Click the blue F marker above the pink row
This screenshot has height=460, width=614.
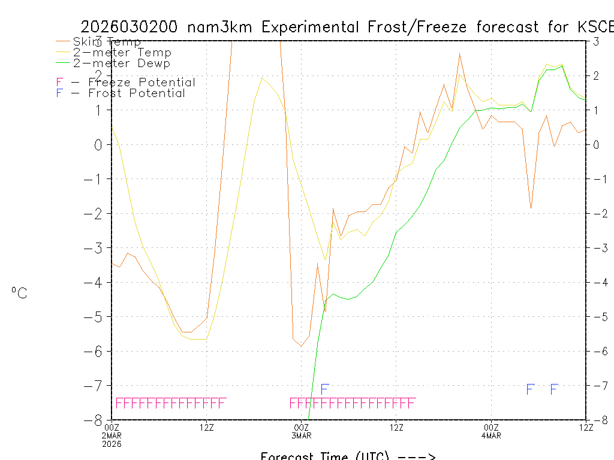[x=324, y=389]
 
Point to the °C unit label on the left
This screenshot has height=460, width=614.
[x=19, y=293]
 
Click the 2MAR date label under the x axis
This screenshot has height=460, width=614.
[x=113, y=435]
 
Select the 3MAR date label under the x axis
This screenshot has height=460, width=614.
[x=302, y=435]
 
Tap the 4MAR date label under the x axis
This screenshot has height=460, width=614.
[x=491, y=435]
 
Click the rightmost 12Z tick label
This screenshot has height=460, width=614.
[x=586, y=427]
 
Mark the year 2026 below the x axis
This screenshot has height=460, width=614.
[x=113, y=443]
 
